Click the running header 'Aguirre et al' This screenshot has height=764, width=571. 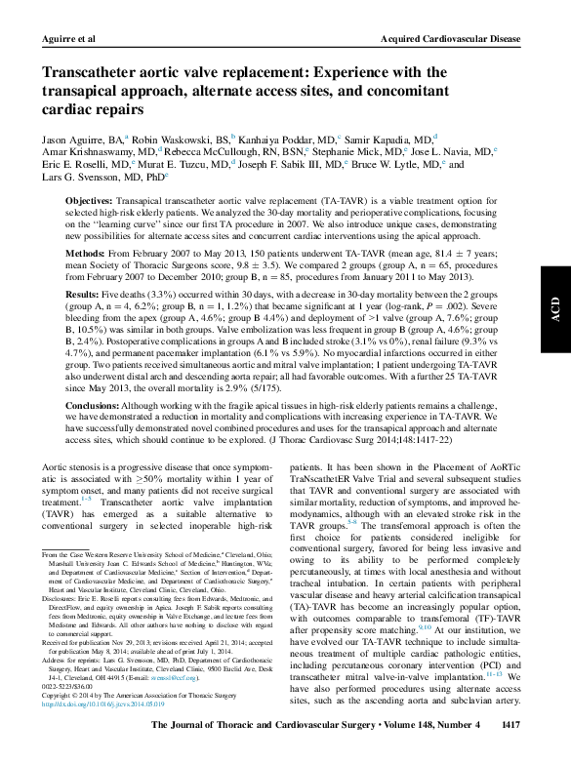pyautogui.click(x=65, y=36)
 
